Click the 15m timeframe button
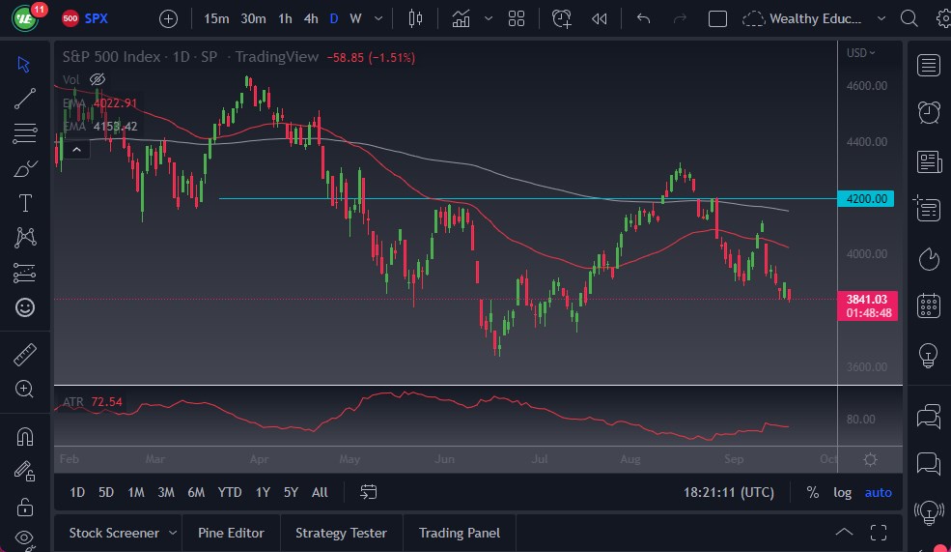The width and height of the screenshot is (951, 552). pyautogui.click(x=216, y=18)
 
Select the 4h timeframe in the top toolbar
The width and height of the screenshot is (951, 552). pyautogui.click(x=310, y=18)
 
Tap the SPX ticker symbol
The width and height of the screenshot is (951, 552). pyautogui.click(x=97, y=18)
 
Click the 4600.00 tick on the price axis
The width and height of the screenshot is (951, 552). pyautogui.click(x=867, y=86)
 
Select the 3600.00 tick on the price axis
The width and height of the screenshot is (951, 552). pyautogui.click(x=867, y=367)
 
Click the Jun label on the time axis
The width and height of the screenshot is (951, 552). pyautogui.click(x=444, y=459)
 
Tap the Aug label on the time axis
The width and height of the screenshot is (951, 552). pyautogui.click(x=631, y=459)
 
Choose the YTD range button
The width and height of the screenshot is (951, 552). pyautogui.click(x=230, y=492)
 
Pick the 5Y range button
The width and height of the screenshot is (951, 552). pyautogui.click(x=291, y=492)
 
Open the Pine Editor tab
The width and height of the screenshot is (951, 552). pyautogui.click(x=232, y=533)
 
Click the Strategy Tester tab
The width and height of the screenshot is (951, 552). pyautogui.click(x=341, y=533)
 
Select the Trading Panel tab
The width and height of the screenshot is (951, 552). pyautogui.click(x=459, y=533)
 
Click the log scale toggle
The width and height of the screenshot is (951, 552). pyautogui.click(x=842, y=492)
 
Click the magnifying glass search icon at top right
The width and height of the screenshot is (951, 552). pyautogui.click(x=909, y=18)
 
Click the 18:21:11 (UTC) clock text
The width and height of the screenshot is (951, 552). pyautogui.click(x=728, y=492)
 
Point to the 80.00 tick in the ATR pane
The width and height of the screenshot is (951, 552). pyautogui.click(x=861, y=420)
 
